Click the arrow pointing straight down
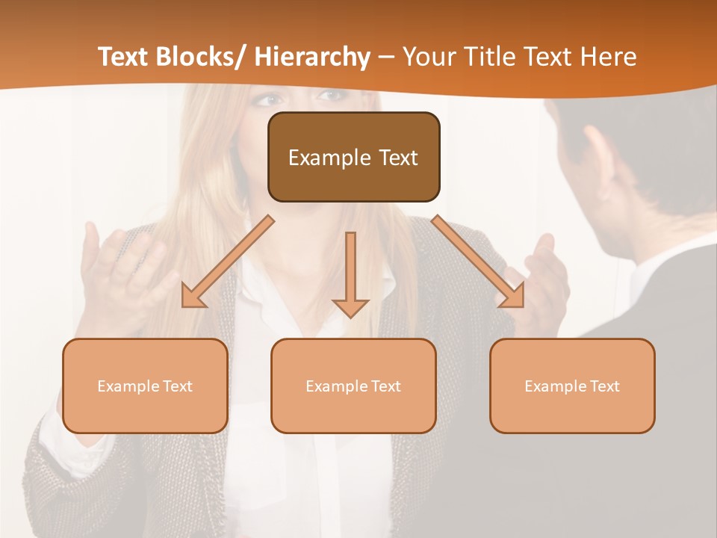[351, 273]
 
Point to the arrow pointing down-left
[228, 262]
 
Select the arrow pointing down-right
[478, 262]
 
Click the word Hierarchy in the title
[312, 57]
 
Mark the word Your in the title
[429, 57]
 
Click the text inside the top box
[353, 158]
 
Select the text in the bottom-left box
[145, 386]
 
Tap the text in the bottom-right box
[572, 386]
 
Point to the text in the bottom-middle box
[353, 386]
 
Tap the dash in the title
[386, 57]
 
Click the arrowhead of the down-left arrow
[193, 297]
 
